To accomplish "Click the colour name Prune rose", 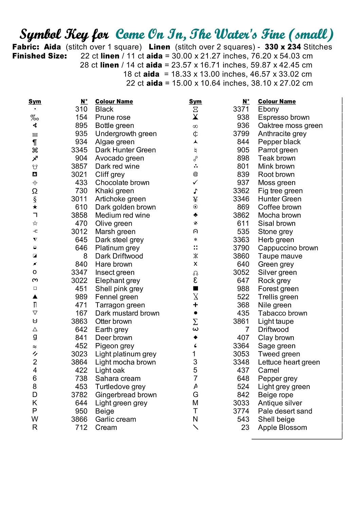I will pos(113,117).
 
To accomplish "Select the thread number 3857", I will pos(79,166).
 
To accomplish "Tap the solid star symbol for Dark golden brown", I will pos(35,207).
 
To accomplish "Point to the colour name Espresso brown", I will pos(284,117).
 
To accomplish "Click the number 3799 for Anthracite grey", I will pos(241,134).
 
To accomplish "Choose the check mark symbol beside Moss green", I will pos(195,183).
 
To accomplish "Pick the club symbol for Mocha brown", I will pos(195,215).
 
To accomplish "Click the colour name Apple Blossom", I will pos(282,428).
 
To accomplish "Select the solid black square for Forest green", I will pos(195,288).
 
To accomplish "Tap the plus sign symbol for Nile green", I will pos(195,305).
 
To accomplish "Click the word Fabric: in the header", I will pos(25,47).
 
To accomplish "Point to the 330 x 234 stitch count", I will pos(283,47).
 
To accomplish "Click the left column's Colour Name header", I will pos(114,101).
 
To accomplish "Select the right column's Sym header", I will pos(195,101).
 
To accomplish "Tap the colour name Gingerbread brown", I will pos(126,395).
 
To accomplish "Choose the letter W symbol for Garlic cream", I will pos(35,419).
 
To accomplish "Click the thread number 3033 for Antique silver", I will pos(241,403).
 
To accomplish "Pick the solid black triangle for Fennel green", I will pos(35,297).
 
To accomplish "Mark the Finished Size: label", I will pos(40,56).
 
